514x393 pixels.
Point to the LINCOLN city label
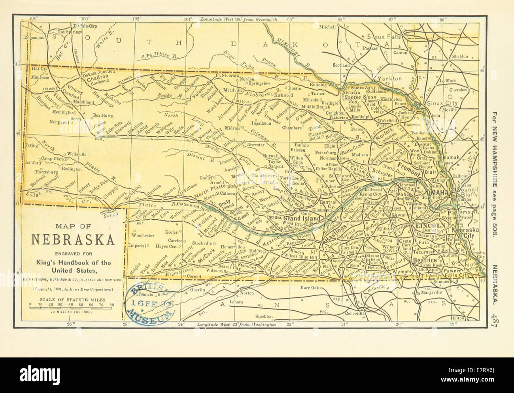(x=430, y=225)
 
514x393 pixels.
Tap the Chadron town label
(x=94, y=77)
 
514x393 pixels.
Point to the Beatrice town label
(x=425, y=260)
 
